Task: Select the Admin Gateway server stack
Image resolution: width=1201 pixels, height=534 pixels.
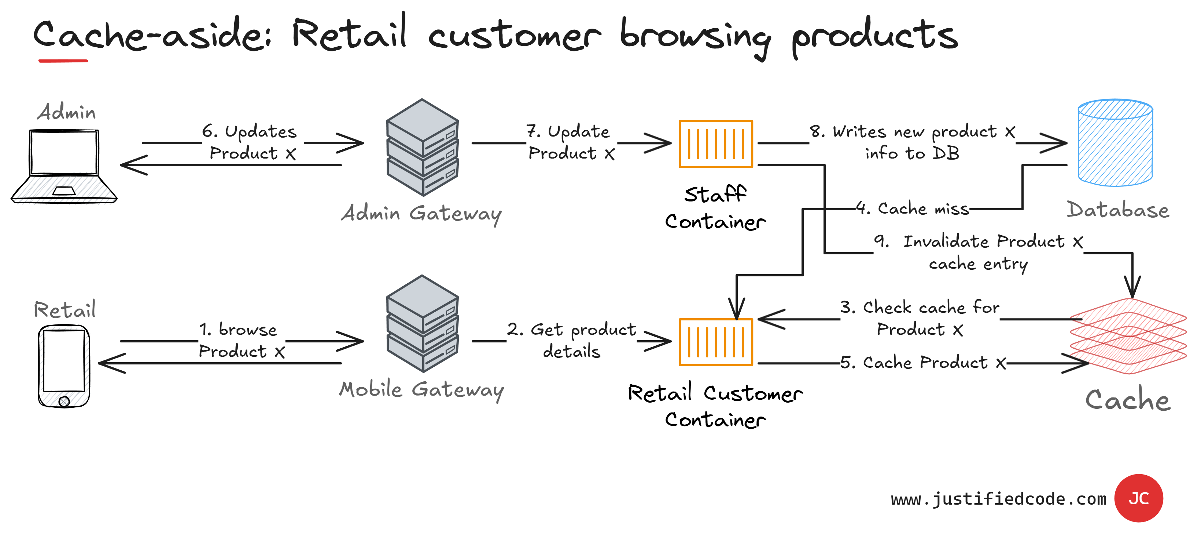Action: click(423, 147)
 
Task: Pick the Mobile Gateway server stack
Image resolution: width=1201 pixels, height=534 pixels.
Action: click(423, 323)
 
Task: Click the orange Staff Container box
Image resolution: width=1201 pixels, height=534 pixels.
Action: click(716, 144)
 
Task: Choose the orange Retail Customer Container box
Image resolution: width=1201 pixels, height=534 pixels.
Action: click(716, 342)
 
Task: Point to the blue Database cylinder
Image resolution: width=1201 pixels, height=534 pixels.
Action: click(1115, 142)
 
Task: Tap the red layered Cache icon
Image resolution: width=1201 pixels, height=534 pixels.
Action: click(1128, 336)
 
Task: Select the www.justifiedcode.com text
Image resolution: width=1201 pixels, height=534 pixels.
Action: click(998, 499)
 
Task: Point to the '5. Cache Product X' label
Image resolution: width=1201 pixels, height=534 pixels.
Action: click(923, 363)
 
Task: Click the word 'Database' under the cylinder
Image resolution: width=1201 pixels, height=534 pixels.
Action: click(1117, 210)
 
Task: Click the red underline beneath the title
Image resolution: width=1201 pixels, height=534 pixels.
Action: click(63, 61)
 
